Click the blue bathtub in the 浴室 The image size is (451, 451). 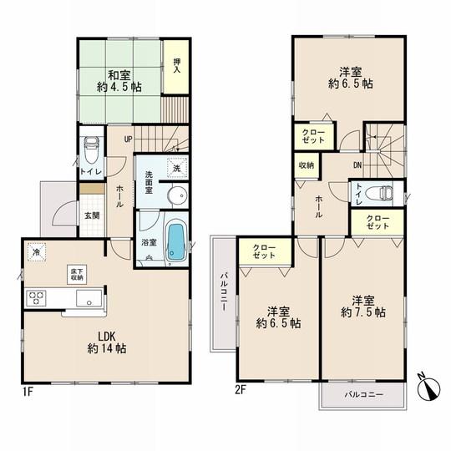click(175, 240)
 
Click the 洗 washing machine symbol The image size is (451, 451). click(176, 167)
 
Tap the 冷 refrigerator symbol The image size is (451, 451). click(37, 250)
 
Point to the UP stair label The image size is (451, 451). click(129, 139)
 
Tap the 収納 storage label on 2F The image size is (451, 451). click(306, 165)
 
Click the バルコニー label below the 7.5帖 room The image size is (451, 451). click(362, 393)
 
